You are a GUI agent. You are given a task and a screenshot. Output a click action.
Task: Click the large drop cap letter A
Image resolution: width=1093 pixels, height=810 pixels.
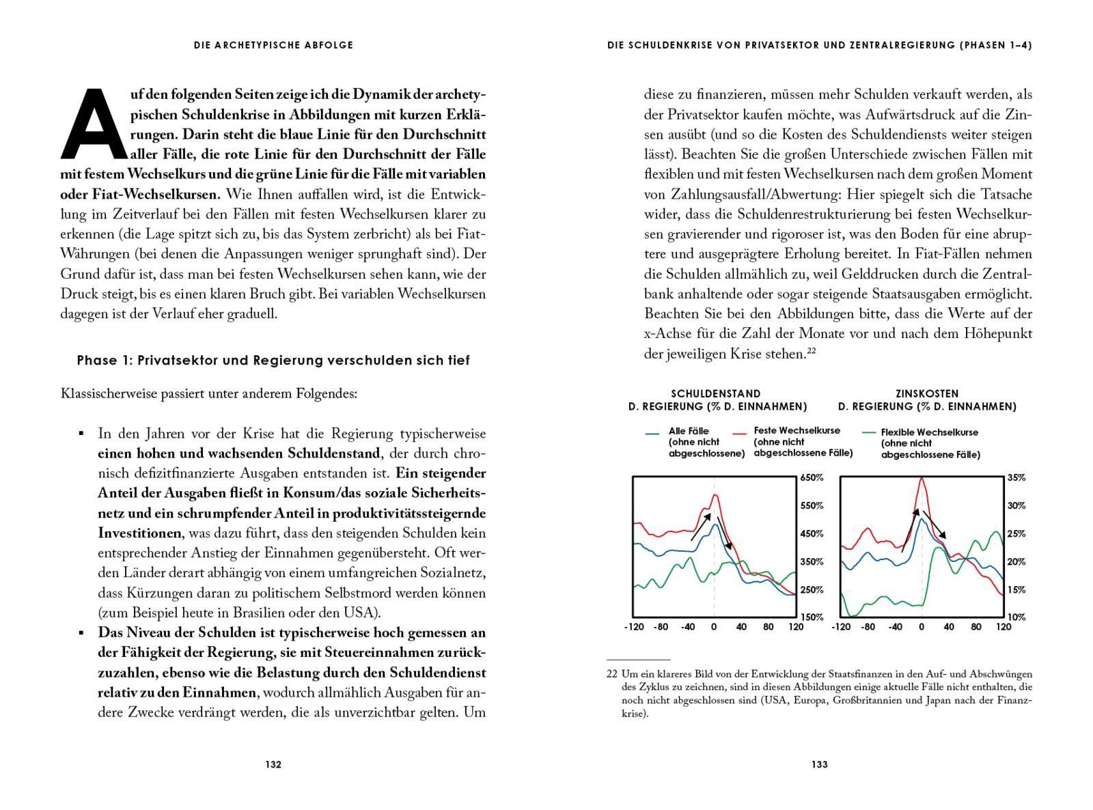(94, 124)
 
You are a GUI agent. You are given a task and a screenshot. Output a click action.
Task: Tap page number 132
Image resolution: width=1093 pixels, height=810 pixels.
(273, 764)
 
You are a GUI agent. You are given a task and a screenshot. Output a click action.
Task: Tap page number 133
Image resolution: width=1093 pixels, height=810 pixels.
(820, 764)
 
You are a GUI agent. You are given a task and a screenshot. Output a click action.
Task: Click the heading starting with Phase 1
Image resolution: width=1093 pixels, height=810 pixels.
(273, 360)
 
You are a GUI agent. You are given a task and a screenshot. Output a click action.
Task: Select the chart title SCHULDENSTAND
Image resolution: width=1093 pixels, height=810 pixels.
(715, 393)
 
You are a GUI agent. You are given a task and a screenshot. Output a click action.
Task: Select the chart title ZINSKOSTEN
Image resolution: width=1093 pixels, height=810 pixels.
(927, 393)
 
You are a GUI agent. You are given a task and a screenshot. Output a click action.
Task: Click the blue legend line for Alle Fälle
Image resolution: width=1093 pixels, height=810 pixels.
(652, 433)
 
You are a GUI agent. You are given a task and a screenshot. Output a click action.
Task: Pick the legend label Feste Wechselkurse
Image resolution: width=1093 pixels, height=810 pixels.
(797, 431)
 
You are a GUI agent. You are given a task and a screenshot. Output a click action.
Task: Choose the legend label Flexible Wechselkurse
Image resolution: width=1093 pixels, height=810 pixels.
(929, 432)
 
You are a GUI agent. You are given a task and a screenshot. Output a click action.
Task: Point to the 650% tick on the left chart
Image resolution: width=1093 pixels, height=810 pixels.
(812, 478)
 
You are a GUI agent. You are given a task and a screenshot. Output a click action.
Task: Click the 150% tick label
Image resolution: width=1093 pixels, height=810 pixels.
(812, 617)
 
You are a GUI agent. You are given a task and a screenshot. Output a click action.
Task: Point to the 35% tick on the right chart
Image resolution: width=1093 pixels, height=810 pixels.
(1016, 478)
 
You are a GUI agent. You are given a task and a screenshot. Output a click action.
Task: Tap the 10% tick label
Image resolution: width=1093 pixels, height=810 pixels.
(1016, 617)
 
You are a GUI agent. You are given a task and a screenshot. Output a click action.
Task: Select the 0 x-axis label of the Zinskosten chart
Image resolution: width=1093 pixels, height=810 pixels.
(922, 627)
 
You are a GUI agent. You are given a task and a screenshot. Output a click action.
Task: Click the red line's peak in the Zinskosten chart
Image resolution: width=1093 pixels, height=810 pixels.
(922, 478)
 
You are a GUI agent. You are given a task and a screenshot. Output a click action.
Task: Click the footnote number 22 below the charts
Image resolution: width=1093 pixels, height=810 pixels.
(611, 674)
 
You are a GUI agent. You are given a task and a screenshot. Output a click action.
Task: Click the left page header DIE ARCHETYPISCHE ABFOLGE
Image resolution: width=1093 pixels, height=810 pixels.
(273, 45)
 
